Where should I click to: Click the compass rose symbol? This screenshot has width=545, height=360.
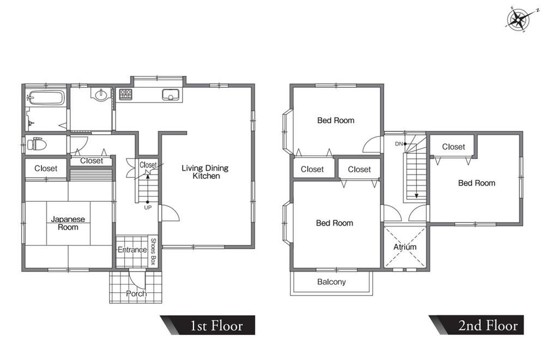518,19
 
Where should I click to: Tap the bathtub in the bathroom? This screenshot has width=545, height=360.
46,98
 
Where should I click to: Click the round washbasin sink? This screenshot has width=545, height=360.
101,94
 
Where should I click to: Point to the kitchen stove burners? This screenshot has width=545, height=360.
125,94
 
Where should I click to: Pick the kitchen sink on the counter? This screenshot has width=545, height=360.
170,94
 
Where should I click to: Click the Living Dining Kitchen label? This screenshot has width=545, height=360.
205,172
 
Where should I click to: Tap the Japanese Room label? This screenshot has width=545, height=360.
68,223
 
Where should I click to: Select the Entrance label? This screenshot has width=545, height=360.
132,250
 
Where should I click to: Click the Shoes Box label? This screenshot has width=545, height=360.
153,251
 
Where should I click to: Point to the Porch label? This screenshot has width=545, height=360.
136,293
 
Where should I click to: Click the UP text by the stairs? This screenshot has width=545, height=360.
148,208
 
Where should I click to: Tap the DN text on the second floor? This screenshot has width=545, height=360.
399,143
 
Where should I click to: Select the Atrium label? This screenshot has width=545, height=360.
405,247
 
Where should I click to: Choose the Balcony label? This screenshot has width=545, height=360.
331,282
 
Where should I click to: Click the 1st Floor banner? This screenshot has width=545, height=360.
208,325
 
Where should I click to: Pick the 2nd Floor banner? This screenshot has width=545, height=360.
476,325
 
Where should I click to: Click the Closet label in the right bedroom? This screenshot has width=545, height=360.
453,147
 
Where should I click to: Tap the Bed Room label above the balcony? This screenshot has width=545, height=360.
335,223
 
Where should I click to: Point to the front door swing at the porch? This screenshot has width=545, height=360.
138,280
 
